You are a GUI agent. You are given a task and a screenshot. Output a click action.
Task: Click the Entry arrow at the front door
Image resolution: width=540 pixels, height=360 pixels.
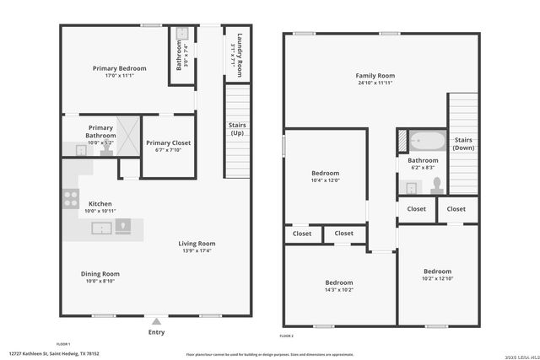156,321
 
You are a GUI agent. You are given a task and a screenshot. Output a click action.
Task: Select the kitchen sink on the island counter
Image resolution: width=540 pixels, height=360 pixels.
102,228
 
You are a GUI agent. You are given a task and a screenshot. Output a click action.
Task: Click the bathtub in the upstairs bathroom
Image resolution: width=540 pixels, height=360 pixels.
424,140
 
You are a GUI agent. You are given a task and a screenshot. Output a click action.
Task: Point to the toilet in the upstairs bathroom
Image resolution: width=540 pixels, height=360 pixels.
436,183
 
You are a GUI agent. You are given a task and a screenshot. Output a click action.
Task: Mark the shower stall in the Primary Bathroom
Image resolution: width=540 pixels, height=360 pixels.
127,132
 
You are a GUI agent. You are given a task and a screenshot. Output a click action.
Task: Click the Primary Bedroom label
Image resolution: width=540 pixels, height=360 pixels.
119,68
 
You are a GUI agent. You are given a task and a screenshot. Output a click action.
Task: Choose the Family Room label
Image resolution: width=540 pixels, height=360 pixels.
375,76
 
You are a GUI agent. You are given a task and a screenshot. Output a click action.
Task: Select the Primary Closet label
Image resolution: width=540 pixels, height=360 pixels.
168,142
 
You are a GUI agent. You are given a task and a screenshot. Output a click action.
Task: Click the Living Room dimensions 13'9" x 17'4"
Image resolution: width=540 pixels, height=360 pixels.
197,250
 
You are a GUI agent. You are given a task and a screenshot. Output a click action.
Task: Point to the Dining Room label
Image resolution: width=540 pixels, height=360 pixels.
100,274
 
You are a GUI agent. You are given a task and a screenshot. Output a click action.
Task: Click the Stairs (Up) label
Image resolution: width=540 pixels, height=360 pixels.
237,129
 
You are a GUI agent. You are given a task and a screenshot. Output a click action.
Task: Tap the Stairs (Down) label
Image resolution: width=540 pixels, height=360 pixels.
463,143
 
